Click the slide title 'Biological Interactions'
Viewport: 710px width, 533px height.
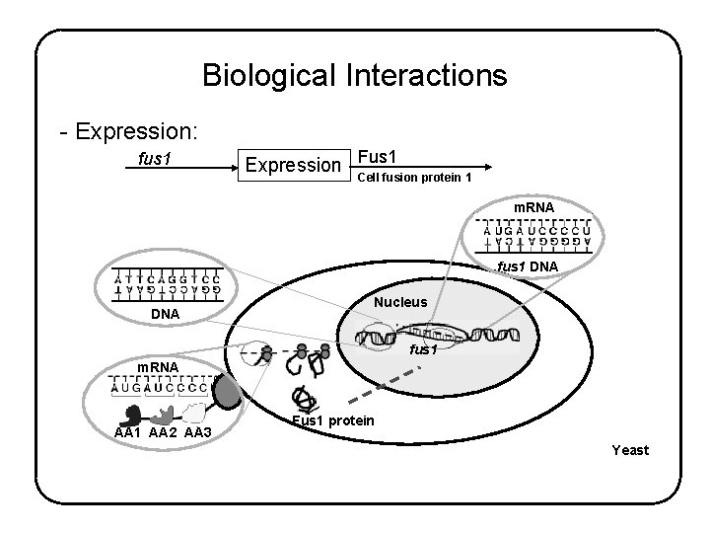354,76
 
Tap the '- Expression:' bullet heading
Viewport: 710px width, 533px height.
128,131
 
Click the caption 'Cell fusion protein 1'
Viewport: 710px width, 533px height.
413,178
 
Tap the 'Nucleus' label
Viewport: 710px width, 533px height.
399,302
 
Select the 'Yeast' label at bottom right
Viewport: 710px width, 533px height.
629,450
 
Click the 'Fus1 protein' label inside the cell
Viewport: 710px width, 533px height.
332,421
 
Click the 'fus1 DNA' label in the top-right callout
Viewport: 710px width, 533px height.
528,266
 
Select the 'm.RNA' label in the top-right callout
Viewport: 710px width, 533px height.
532,205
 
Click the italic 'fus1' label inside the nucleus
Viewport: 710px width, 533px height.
423,349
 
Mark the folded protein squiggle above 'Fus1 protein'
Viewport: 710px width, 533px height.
303,397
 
